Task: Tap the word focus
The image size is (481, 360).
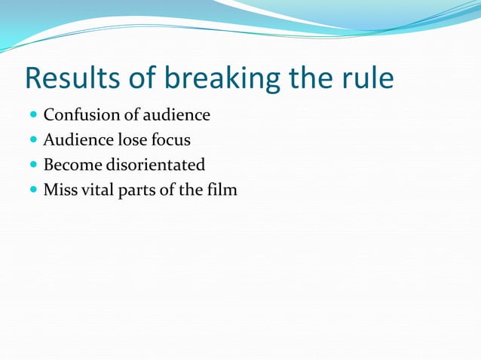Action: tap(172, 140)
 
